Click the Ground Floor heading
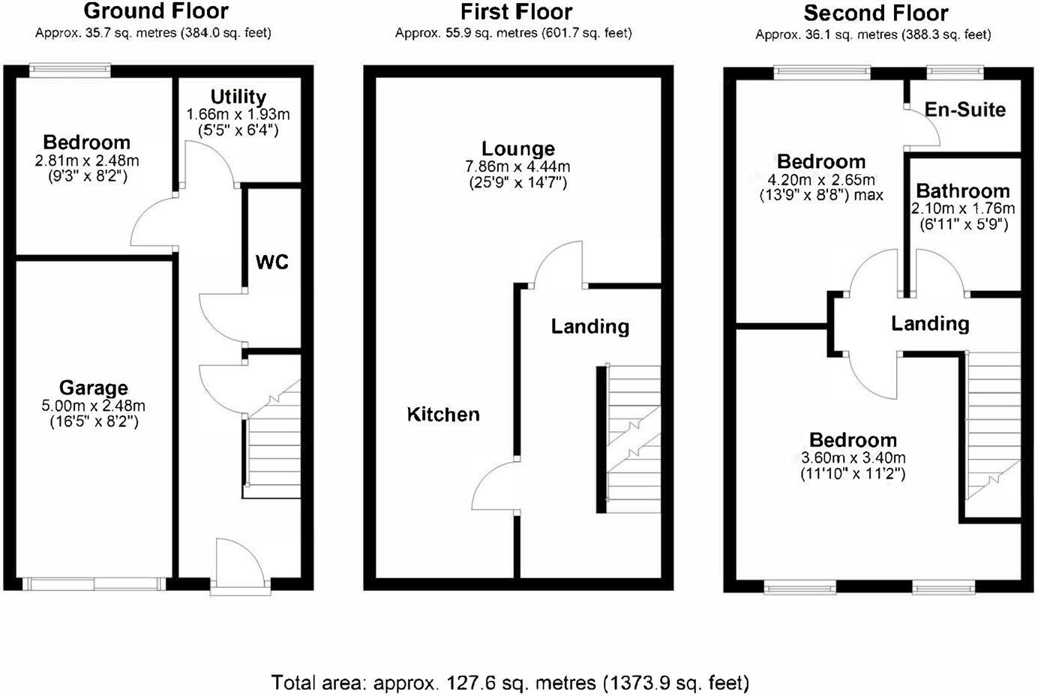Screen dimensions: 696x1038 pos(156,11)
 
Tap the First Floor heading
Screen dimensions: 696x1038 pos(516,12)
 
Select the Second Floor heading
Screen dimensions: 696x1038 pos(875,13)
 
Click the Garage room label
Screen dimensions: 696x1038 pos(93,388)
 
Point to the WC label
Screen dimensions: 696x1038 pos(271,262)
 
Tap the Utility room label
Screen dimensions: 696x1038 pos(238,97)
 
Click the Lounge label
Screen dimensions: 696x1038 pos(517,148)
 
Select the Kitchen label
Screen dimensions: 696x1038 pos(442,414)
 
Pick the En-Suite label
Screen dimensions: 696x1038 pos(964,109)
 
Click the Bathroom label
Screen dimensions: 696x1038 pos(962,190)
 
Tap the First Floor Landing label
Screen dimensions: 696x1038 pos(589,326)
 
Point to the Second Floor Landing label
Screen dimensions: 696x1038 pos(929,323)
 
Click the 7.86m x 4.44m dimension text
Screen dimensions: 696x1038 pos(517,166)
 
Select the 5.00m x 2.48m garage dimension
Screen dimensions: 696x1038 pos(93,406)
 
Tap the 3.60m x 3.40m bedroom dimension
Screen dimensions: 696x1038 pos(853,457)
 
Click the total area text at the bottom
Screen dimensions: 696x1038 pos(510,682)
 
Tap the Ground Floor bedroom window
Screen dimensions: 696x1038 pos(70,71)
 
